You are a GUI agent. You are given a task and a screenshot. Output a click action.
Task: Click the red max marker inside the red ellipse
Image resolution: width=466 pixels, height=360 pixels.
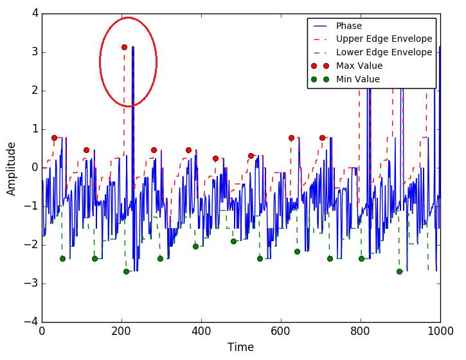coord(124,47)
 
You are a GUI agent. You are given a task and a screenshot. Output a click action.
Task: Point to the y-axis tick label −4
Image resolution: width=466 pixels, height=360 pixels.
coord(31,322)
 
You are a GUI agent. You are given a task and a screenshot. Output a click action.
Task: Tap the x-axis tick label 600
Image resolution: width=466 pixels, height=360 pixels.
coord(281,332)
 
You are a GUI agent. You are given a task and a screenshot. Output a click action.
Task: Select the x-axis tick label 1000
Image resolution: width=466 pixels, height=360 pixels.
coord(440,332)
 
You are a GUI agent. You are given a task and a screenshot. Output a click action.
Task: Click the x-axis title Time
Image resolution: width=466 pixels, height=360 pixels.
coord(240,348)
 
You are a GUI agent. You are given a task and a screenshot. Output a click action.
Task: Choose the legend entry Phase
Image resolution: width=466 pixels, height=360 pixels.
coord(348,26)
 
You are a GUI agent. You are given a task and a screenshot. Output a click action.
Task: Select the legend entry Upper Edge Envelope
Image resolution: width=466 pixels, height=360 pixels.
coord(384,39)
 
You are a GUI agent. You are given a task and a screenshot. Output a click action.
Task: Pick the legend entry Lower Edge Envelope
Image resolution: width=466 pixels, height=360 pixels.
coord(384,53)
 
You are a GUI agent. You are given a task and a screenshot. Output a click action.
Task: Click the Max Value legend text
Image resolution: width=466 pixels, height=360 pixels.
coord(359,66)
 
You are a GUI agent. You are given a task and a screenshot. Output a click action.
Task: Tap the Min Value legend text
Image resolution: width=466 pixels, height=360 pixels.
coord(357,80)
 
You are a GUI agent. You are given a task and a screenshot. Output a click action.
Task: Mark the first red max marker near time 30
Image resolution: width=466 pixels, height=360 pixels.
coord(54,138)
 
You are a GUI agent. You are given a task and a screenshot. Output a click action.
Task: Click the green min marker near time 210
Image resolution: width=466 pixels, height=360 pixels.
coord(126,271)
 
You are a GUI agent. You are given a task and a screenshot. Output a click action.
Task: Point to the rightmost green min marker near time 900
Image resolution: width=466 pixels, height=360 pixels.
coord(399,271)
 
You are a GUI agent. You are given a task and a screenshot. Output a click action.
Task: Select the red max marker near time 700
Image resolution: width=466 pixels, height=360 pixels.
coord(322,138)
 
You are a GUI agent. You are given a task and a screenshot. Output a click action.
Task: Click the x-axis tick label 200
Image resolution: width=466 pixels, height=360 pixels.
coord(121,332)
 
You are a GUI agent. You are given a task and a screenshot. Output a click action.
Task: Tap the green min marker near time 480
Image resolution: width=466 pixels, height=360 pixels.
coord(233,241)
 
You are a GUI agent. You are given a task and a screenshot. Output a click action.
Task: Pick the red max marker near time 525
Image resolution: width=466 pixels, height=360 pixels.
coord(251,156)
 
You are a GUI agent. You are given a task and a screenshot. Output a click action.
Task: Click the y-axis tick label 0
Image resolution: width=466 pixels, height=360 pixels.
coord(35,168)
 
